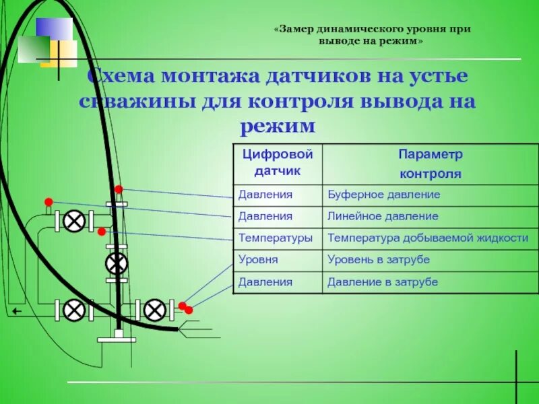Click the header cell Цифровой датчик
pyautogui.click(x=277, y=163)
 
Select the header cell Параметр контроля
pyautogui.click(x=431, y=164)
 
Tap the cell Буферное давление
pyautogui.click(x=383, y=195)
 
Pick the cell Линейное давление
pyautogui.click(x=383, y=216)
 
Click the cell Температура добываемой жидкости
pyautogui.click(x=427, y=238)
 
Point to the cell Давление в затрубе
pyautogui.click(x=382, y=281)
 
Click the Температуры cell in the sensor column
pyautogui.click(x=276, y=238)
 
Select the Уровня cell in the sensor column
pyautogui.click(x=258, y=259)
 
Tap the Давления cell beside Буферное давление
pyautogui.click(x=265, y=195)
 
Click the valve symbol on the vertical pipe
pyautogui.click(x=117, y=263)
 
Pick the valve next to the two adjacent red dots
pyautogui.click(x=155, y=310)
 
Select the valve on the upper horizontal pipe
pyautogui.click(x=74, y=221)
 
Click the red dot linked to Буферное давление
pyautogui.click(x=119, y=189)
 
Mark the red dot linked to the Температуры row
pyautogui.click(x=102, y=232)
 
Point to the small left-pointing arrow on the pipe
pyautogui.click(x=16, y=312)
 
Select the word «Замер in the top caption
pyautogui.click(x=297, y=30)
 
